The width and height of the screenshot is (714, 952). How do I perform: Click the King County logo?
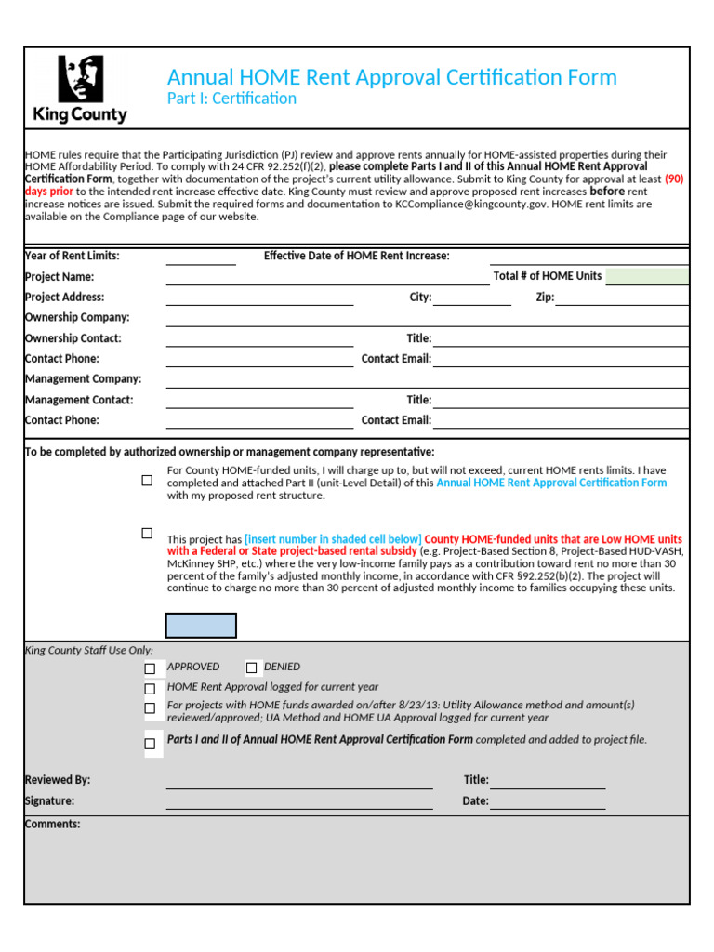(80, 89)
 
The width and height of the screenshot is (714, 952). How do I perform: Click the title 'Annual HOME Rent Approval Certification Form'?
(391, 77)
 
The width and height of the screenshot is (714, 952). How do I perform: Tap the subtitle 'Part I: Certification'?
(231, 99)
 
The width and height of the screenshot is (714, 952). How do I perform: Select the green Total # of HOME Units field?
(647, 276)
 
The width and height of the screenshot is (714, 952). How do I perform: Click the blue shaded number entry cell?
(201, 626)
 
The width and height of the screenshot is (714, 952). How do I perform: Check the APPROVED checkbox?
(150, 668)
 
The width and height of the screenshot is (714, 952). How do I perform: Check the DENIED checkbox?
(251, 668)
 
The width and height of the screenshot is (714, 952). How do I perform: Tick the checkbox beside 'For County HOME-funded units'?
(147, 481)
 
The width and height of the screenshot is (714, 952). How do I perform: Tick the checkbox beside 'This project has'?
(147, 534)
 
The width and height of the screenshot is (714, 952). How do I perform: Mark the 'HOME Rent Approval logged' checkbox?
(150, 689)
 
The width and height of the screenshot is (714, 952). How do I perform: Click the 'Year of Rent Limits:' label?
(72, 256)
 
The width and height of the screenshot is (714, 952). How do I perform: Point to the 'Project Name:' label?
(59, 277)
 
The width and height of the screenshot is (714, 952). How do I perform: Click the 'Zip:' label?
(545, 297)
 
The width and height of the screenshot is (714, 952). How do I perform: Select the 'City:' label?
(420, 297)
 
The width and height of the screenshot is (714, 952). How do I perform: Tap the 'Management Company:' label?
(83, 379)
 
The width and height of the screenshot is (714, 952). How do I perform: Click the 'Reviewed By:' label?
(58, 780)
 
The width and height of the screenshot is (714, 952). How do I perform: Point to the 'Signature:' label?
(49, 801)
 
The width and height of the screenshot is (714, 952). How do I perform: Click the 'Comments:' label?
(52, 825)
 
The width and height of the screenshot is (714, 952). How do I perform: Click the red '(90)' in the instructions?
(674, 178)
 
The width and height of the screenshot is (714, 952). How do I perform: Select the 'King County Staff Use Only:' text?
(88, 651)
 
